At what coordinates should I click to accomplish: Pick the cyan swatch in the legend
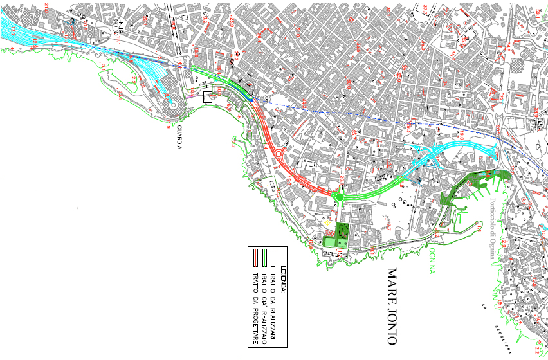(273, 257)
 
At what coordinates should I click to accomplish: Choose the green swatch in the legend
(264, 257)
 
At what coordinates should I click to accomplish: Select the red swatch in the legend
(255, 257)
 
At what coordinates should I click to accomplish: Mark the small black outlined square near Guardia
(207, 97)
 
